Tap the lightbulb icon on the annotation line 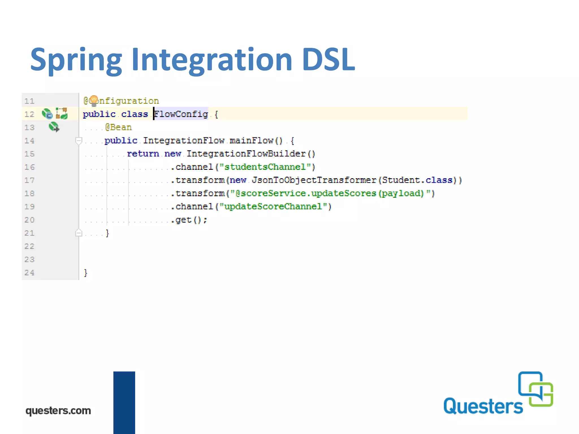point(94,100)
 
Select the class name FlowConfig point(181,114)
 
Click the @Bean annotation point(118,127)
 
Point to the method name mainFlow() point(256,140)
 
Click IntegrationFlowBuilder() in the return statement point(250,154)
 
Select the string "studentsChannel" point(265,167)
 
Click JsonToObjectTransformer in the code point(314,180)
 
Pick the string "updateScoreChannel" point(273,207)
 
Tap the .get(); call point(189,220)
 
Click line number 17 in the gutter point(29,180)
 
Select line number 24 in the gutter point(29,273)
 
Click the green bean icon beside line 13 point(54,127)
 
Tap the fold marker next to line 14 point(79,140)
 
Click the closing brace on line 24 point(86,273)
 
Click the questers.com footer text point(58,410)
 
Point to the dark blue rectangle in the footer point(124,402)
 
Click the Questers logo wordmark point(483,406)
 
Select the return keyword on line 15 point(143,154)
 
